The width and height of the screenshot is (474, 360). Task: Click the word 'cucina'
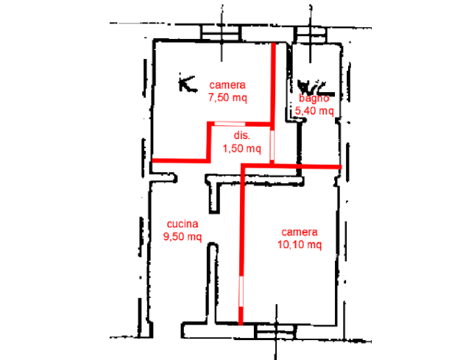(181, 225)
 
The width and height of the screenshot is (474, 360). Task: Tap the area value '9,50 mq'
(181, 237)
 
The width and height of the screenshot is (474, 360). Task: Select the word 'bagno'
(318, 99)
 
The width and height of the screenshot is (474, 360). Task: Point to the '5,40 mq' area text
(314, 112)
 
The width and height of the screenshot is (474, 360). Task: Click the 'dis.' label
(241, 136)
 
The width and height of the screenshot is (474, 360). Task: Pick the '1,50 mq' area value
(241, 148)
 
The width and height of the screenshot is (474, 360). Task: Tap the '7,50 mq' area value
(228, 98)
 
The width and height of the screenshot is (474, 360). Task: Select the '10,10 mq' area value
(300, 245)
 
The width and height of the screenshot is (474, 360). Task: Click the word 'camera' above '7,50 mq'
(226, 85)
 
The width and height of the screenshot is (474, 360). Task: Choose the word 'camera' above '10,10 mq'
(300, 232)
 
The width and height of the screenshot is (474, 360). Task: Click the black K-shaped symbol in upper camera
(187, 82)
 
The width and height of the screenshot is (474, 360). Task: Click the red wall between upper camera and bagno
(275, 81)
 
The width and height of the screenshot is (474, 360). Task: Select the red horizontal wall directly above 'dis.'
(239, 123)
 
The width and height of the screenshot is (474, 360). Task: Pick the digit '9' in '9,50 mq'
(166, 237)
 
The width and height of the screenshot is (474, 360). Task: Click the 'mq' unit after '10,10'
(314, 245)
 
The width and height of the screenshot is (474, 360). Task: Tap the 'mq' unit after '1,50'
(253, 148)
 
